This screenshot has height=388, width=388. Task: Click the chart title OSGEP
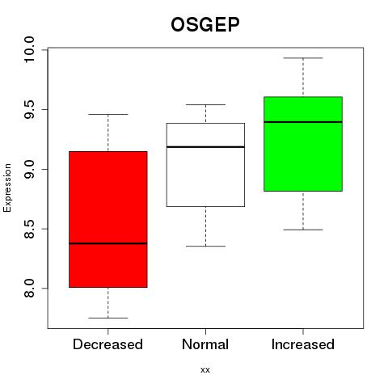tap(205, 24)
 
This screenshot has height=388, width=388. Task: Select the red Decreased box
tap(108, 219)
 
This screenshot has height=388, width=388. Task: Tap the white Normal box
tap(205, 165)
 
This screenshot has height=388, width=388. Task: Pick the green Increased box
tap(303, 144)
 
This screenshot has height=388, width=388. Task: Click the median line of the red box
tap(108, 243)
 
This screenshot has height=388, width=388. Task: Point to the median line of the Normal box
tap(205, 147)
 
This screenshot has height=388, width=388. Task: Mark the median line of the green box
tap(303, 122)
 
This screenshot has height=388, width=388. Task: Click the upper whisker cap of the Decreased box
tap(108, 114)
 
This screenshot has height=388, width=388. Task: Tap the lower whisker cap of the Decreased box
tap(108, 318)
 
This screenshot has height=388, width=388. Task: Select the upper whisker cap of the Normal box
tap(205, 104)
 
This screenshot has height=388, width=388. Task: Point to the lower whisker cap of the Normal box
tap(205, 246)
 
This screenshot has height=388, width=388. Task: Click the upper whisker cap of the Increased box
tap(303, 58)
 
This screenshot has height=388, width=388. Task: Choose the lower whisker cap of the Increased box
tap(303, 230)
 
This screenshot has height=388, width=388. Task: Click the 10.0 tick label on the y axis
tap(29, 50)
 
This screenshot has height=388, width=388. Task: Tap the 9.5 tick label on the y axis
tap(29, 109)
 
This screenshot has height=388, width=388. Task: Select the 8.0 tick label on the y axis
tap(29, 289)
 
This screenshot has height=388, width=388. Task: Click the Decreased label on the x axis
tap(108, 344)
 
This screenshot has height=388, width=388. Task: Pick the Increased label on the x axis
tap(303, 344)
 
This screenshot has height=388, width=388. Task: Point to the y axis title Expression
tap(7, 188)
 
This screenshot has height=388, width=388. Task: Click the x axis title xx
tap(205, 370)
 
